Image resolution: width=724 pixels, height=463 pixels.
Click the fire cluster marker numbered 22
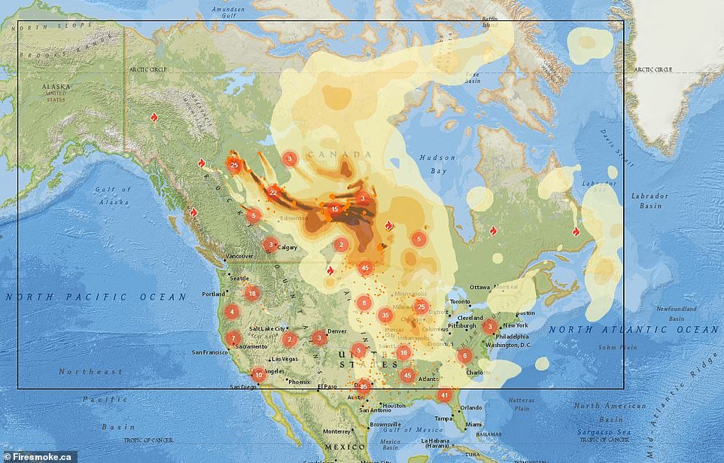[x=273, y=193]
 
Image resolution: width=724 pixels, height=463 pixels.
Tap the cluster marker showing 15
[x=334, y=209]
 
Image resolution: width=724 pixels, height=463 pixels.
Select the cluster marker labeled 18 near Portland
[x=252, y=294]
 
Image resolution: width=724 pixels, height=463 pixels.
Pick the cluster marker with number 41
[x=445, y=394]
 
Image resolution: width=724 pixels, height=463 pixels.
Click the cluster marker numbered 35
[x=385, y=315]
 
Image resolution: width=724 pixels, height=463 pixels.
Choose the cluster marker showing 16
[x=404, y=352]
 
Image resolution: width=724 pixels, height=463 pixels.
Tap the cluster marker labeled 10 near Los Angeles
[x=259, y=374]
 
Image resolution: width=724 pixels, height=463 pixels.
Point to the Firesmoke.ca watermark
[x=38, y=455]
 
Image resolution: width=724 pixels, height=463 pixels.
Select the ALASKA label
[x=56, y=87]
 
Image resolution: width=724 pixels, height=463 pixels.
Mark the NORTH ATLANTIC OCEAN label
[x=633, y=329]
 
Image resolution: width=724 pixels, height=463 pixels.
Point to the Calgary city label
[x=288, y=247]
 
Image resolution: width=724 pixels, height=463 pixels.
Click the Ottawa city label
[x=479, y=288]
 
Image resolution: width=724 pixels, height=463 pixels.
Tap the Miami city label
[x=473, y=424]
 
